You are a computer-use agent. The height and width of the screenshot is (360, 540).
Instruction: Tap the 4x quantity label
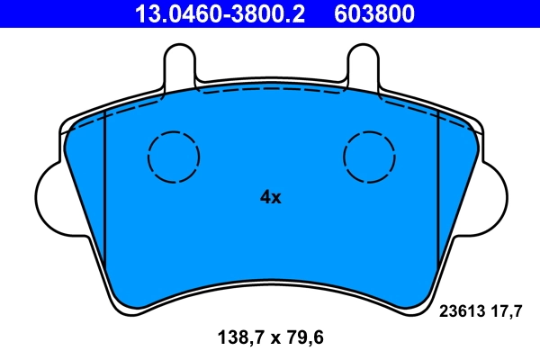pyautogui.click(x=270, y=197)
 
